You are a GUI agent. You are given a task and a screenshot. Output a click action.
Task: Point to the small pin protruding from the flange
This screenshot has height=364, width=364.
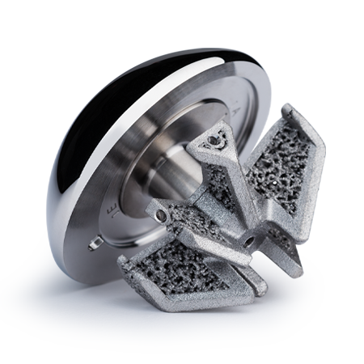pos(95,242)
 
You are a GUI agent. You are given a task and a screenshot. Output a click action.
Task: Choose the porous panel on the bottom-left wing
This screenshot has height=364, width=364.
pos(174,263)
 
